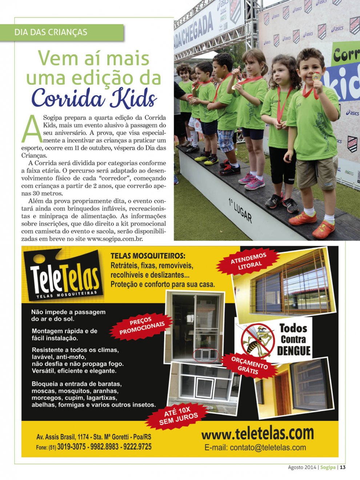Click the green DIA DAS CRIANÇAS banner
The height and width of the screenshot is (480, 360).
click(62, 32)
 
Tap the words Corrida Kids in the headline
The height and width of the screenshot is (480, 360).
click(94, 97)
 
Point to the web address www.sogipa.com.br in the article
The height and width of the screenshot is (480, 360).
click(115, 239)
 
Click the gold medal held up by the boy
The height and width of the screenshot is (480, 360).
click(316, 77)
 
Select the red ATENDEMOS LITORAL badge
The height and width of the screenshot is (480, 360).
click(249, 261)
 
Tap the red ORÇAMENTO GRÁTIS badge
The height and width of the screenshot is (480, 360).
click(249, 364)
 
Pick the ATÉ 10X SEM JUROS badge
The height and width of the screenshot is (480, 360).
click(179, 416)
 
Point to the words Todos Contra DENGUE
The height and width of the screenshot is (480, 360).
click(293, 340)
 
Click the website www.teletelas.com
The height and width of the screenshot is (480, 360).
click(257, 433)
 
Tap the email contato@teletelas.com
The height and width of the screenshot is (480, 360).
click(255, 448)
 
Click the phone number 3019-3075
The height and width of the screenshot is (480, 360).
click(72, 447)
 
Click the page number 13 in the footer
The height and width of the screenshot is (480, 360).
click(343, 467)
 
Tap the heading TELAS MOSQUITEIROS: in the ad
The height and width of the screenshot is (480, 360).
click(148, 256)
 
